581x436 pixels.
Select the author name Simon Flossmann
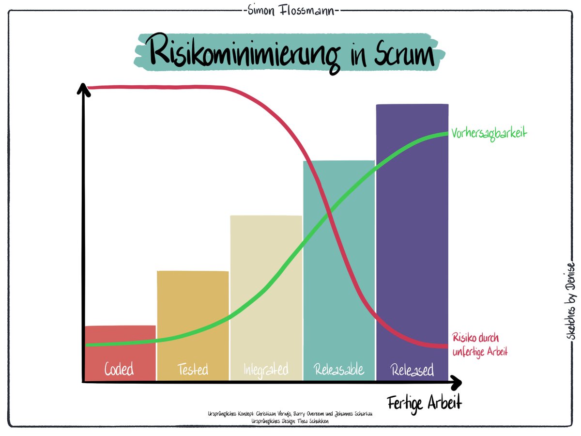pyautogui.click(x=290, y=11)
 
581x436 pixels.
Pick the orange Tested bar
pyautogui.click(x=193, y=315)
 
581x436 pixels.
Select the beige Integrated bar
pyautogui.click(x=266, y=291)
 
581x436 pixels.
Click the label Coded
pyautogui.click(x=119, y=370)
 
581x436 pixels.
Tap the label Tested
pyautogui.click(x=193, y=370)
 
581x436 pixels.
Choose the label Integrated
pyautogui.click(x=266, y=370)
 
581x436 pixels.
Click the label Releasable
pyautogui.click(x=339, y=370)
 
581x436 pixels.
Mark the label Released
pyautogui.click(x=412, y=371)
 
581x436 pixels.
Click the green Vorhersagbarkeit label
pyautogui.click(x=489, y=132)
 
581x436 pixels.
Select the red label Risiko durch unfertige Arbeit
pyautogui.click(x=479, y=344)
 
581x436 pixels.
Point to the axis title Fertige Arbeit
pyautogui.click(x=424, y=403)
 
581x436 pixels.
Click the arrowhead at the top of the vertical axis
pyautogui.click(x=83, y=89)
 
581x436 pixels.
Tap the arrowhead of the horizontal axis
pyautogui.click(x=455, y=382)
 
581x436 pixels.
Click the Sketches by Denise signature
pyautogui.click(x=571, y=300)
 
